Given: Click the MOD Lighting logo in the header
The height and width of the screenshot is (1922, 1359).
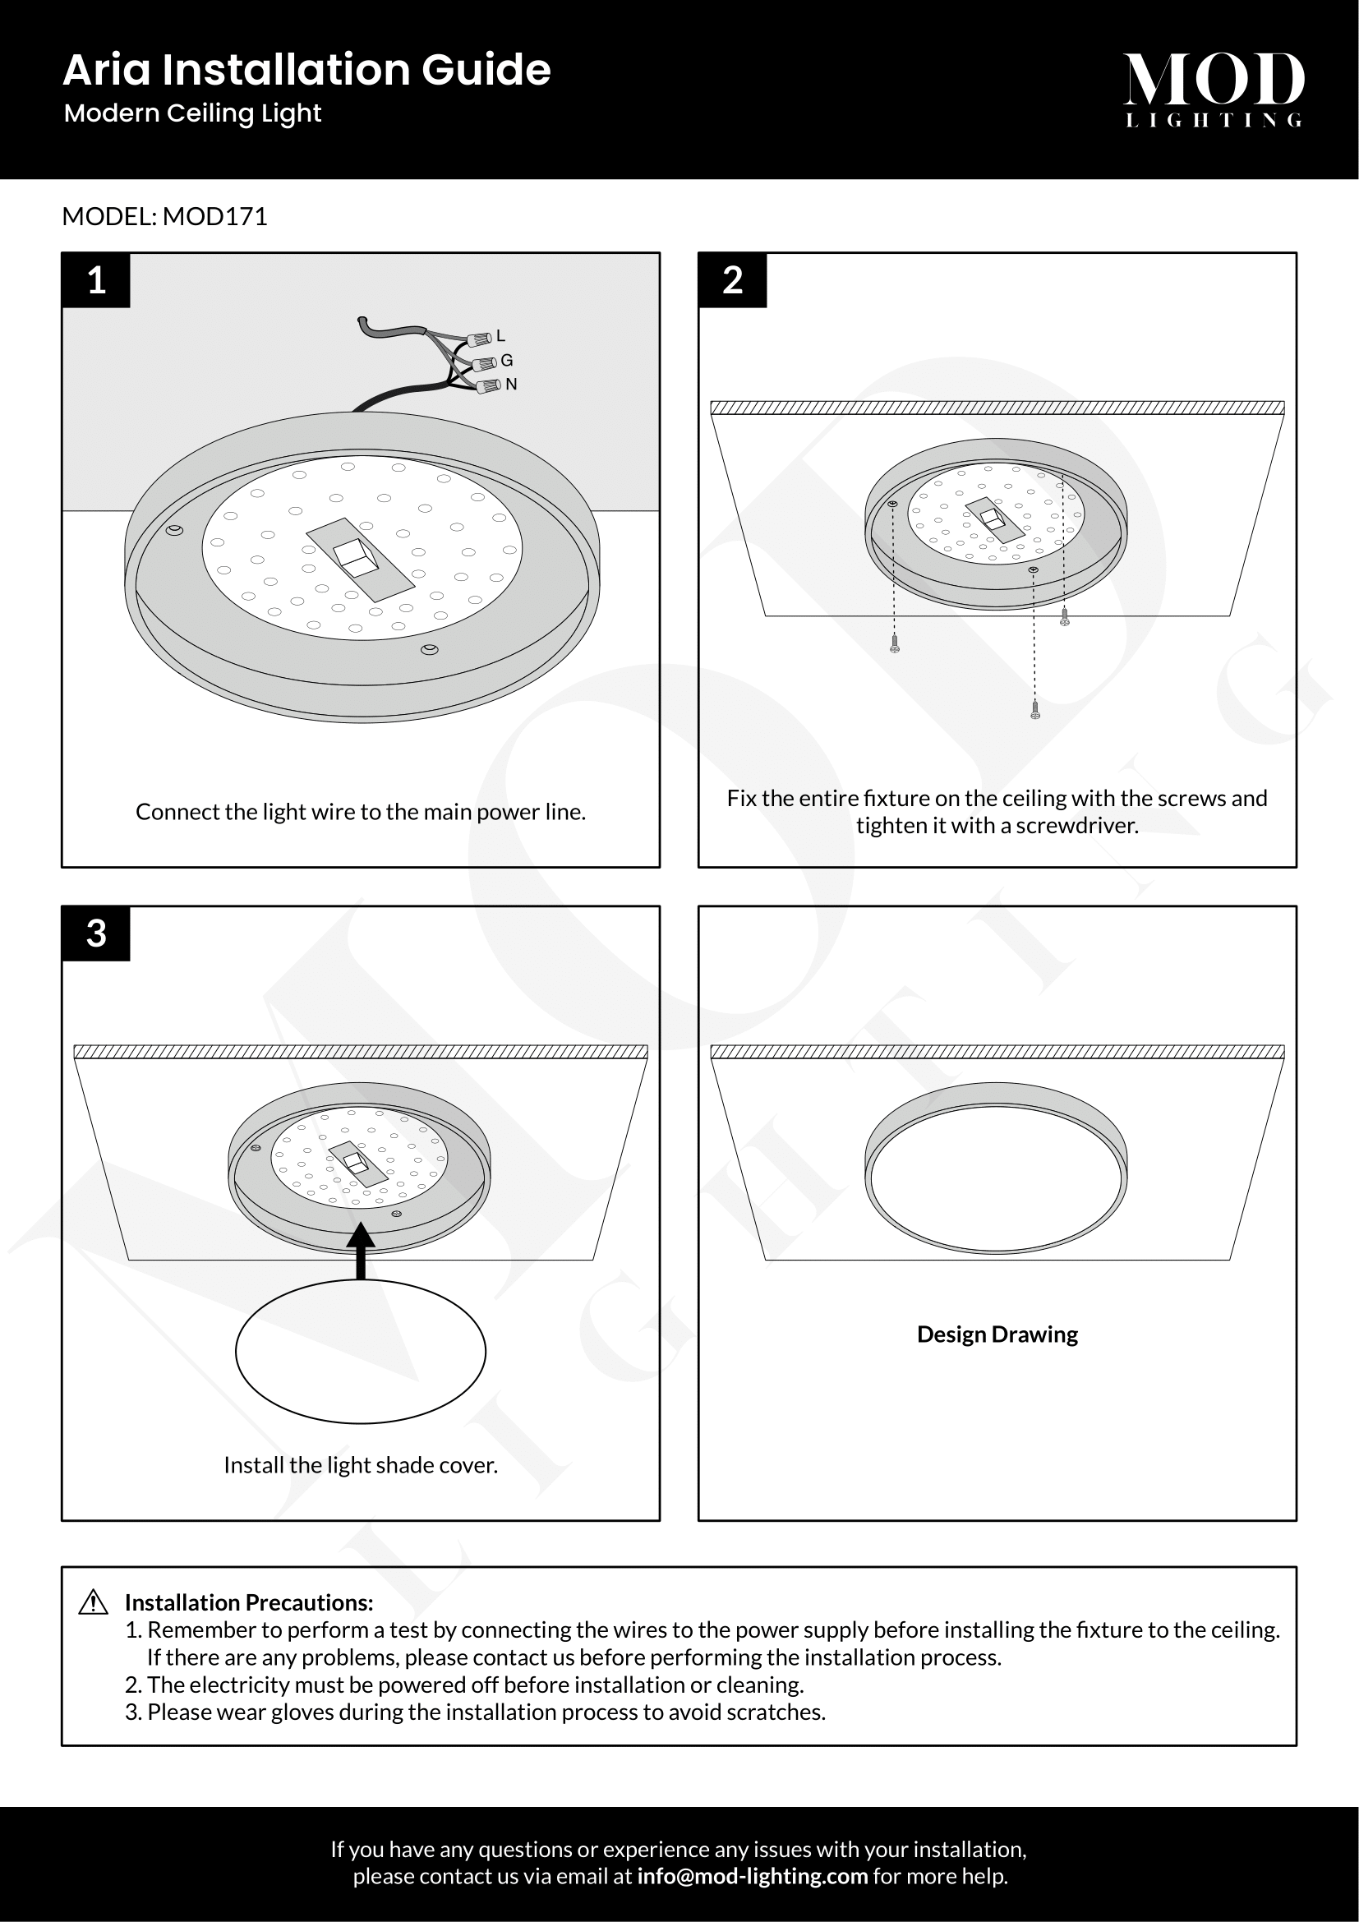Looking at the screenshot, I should tap(1214, 89).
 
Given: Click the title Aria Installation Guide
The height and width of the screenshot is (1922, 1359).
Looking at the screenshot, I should tap(306, 70).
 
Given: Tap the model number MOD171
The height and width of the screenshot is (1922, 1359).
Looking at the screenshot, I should tap(215, 217).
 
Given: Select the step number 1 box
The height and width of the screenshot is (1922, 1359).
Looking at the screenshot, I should tap(96, 280).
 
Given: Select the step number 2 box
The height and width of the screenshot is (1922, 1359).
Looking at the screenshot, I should tap(732, 280).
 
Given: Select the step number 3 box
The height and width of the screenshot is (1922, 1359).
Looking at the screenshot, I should tap(96, 933).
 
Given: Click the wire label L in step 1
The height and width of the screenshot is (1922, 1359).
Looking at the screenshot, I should tap(500, 336).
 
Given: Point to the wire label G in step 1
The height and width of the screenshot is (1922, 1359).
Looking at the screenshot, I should tap(506, 361).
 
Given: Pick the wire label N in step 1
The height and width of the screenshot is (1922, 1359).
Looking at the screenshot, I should tap(511, 385).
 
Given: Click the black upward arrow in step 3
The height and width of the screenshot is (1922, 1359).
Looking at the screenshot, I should tap(361, 1251).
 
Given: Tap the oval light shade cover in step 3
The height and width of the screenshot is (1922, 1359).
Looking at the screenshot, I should tap(361, 1351).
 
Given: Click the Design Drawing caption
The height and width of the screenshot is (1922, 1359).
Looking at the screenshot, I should tap(997, 1334).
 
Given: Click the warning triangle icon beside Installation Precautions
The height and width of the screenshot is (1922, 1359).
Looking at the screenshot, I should tap(93, 1602).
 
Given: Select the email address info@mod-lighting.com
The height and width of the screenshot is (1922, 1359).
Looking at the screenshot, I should tap(753, 1876).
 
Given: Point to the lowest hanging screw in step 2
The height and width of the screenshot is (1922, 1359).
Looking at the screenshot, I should tap(1035, 711).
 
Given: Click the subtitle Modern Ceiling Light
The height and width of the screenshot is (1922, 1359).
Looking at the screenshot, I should tap(192, 113).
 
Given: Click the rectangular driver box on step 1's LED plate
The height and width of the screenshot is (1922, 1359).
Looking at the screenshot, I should tap(361, 558).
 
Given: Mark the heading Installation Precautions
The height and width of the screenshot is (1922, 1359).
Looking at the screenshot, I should tap(248, 1602).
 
